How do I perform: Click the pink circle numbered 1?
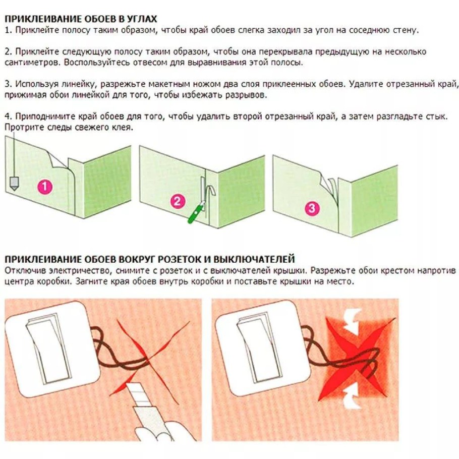point(44,187)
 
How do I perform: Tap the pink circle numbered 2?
point(178,202)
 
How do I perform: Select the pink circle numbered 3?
point(312,208)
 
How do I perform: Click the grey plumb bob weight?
point(14,184)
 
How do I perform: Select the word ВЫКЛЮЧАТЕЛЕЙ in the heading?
point(254,259)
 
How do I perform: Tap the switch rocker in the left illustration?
point(49,349)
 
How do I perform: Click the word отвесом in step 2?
point(149,63)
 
